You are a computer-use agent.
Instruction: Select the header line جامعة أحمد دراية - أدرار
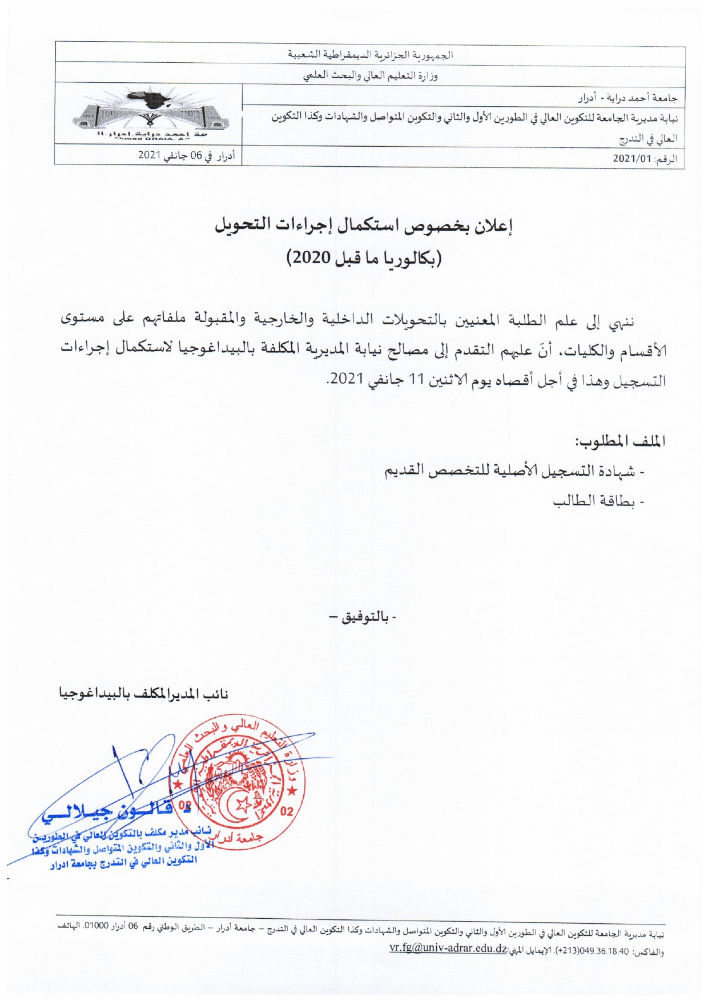[x=627, y=98]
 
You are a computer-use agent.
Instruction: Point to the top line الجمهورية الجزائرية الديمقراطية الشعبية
[x=371, y=55]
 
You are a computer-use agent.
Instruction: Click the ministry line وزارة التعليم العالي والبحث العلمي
[x=371, y=76]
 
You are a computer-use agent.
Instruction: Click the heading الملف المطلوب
[x=620, y=441]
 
